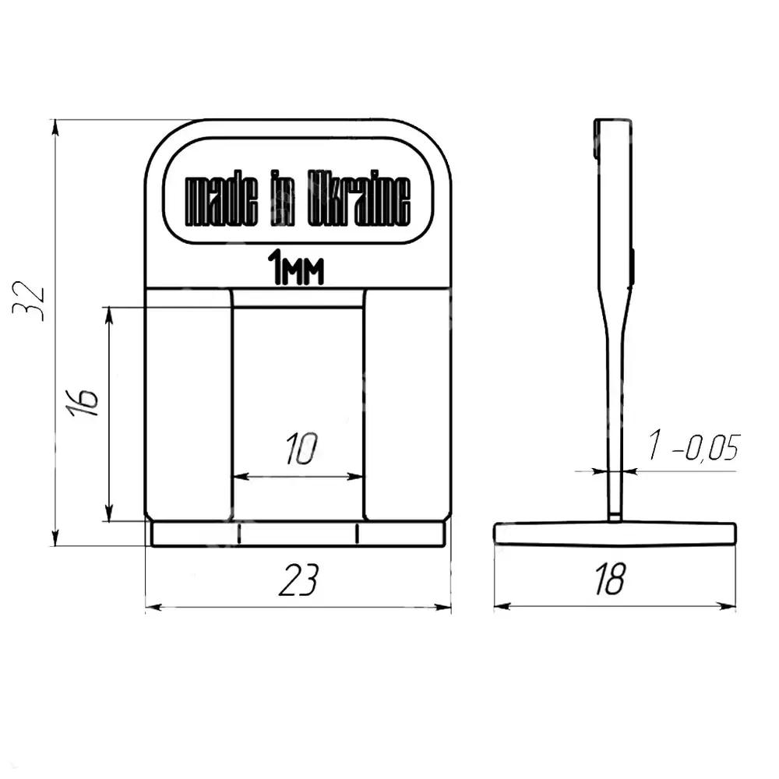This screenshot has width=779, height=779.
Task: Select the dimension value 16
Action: [82, 401]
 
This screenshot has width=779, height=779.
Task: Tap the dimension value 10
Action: [301, 449]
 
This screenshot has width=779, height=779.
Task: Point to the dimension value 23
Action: [298, 580]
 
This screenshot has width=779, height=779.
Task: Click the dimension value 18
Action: [610, 579]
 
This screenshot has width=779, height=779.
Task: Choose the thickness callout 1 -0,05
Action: [693, 446]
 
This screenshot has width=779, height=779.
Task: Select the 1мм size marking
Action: [295, 268]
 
